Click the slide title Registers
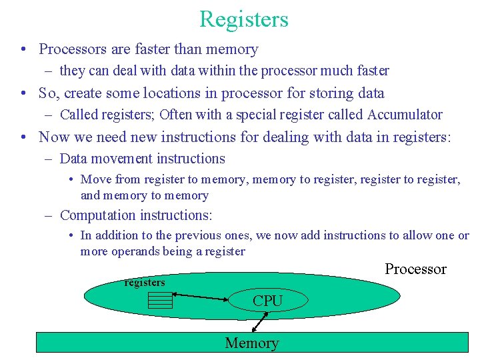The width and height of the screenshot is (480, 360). point(243,19)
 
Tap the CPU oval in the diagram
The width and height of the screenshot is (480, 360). point(268,301)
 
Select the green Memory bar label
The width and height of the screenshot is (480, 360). point(251,343)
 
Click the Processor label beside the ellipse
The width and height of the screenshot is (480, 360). point(415,269)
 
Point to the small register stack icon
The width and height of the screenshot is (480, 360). point(160,301)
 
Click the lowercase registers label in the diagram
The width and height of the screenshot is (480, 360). point(145,283)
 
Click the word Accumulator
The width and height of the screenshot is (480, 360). point(405,115)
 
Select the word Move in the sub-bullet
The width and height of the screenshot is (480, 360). point(96,179)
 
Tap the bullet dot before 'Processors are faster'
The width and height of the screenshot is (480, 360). point(23,50)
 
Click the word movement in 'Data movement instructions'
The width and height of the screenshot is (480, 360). point(123,159)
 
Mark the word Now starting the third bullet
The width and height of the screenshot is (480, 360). point(54,137)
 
